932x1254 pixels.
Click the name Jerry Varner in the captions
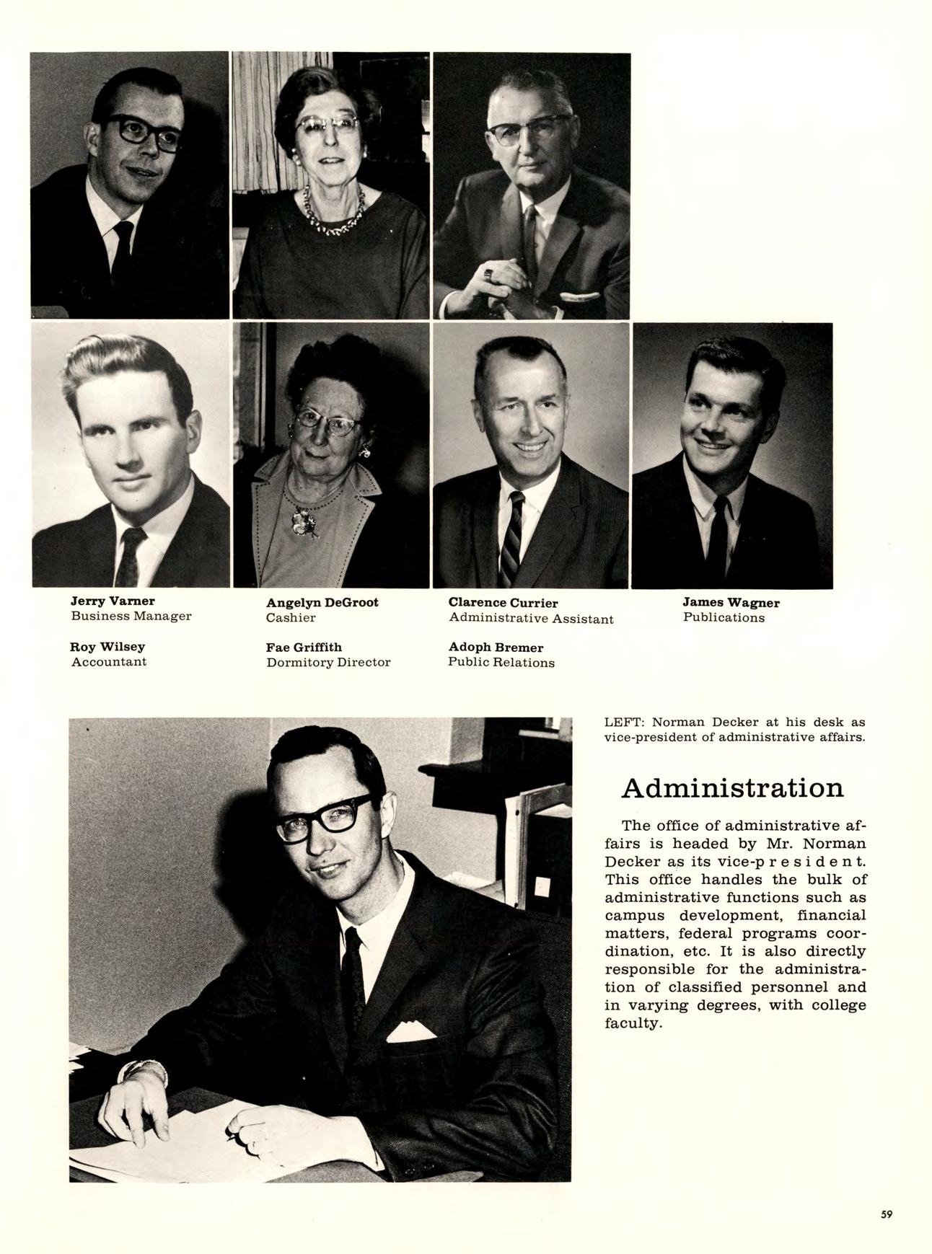pyautogui.click(x=113, y=601)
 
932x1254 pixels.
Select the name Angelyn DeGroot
pyautogui.click(x=322, y=602)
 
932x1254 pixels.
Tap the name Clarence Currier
pyautogui.click(x=503, y=603)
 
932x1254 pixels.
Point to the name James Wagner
pyautogui.click(x=731, y=602)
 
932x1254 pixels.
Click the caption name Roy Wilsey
pyautogui.click(x=107, y=647)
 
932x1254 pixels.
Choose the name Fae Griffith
pyautogui.click(x=304, y=647)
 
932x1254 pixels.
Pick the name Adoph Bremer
pyautogui.click(x=496, y=648)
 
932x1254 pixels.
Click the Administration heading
pyautogui.click(x=731, y=787)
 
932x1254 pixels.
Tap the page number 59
pyautogui.click(x=887, y=1214)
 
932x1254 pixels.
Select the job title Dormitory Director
pyautogui.click(x=328, y=662)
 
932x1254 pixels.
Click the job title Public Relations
pyautogui.click(x=501, y=663)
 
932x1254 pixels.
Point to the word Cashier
pyautogui.click(x=291, y=618)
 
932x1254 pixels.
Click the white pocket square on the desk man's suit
pyautogui.click(x=411, y=1032)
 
